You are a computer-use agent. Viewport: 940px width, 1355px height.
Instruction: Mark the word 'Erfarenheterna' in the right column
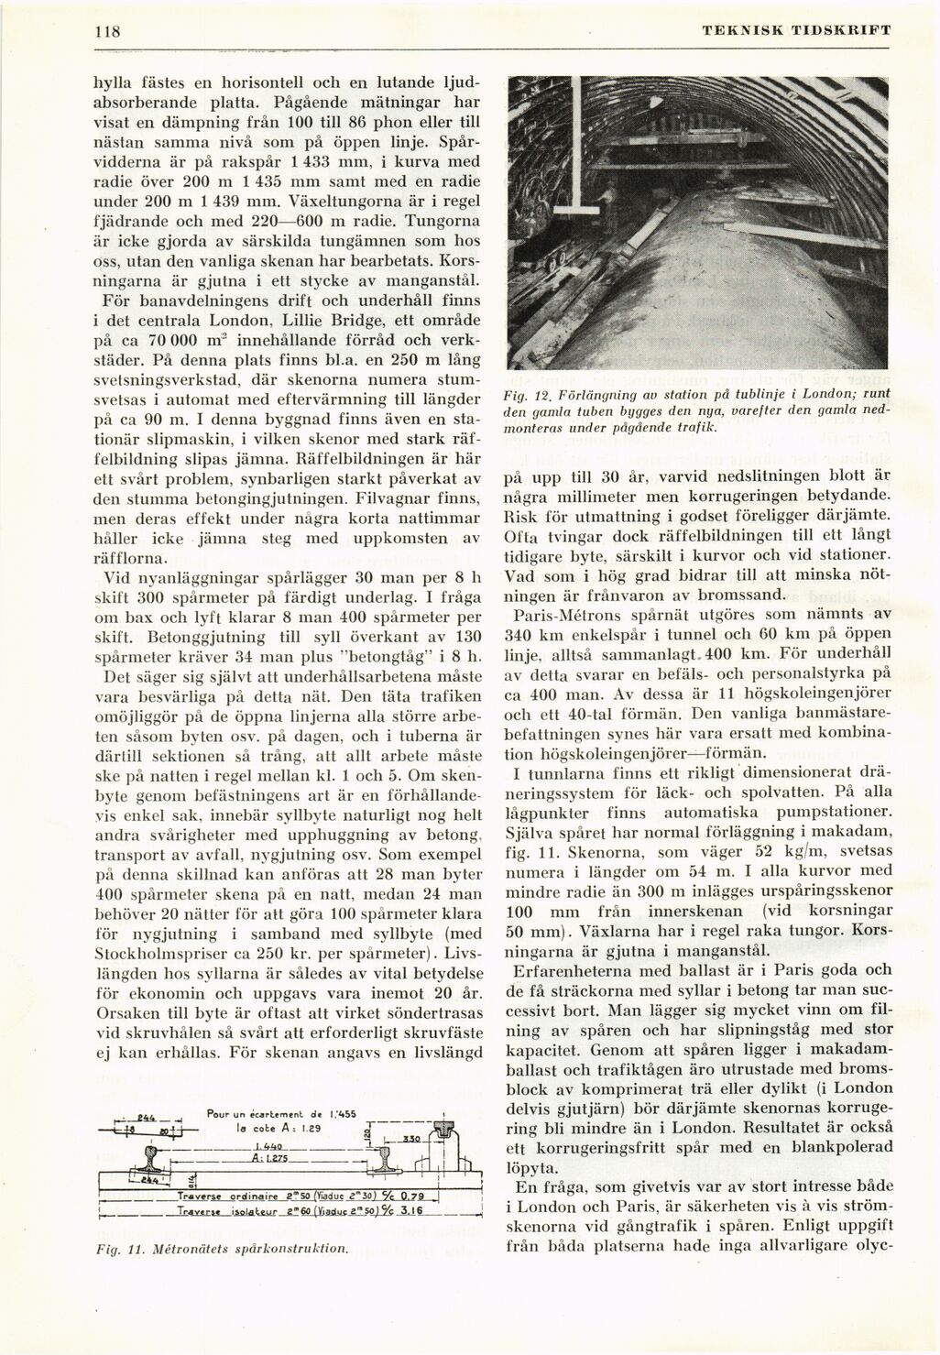[574, 969]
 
